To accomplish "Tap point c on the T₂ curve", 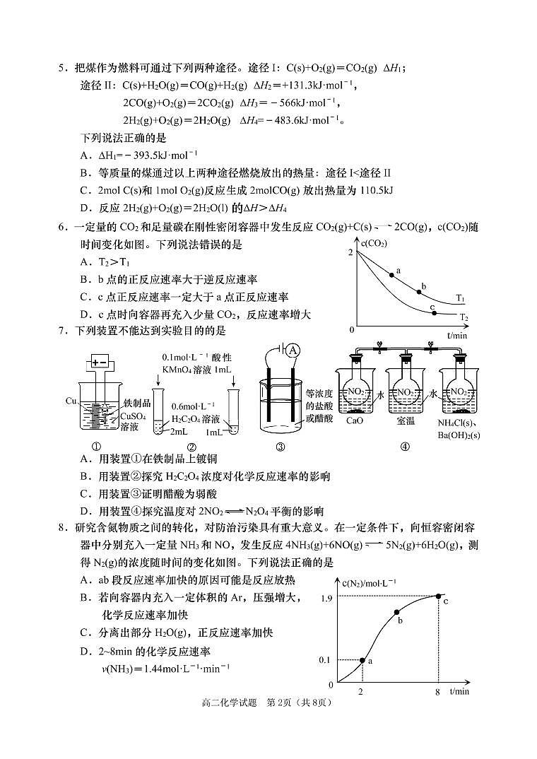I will click(434, 312).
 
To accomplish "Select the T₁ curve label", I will click(461, 298).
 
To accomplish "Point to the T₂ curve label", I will click(463, 317).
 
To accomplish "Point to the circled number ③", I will click(281, 446).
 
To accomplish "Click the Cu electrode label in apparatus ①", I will click(71, 401).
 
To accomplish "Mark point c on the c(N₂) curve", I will click(439, 597).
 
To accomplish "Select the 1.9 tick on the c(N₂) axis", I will click(326, 598).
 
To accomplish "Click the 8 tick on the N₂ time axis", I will click(438, 691).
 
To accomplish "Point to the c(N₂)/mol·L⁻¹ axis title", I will click(369, 582).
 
